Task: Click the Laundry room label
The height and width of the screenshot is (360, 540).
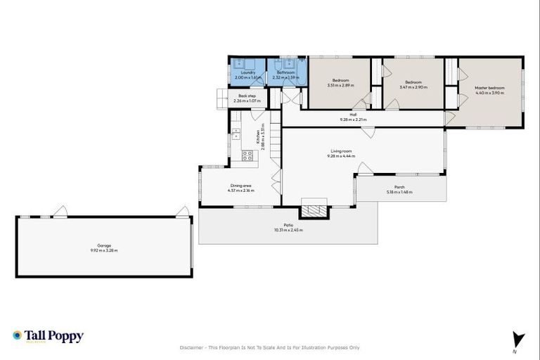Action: click(x=247, y=72)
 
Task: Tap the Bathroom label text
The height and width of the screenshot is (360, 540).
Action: click(x=285, y=72)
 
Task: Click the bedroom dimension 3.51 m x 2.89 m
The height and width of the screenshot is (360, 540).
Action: click(x=340, y=86)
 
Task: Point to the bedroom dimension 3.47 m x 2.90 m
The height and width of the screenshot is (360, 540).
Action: click(x=411, y=87)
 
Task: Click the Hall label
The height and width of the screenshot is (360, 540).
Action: click(x=353, y=115)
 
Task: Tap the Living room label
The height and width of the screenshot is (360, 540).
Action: click(x=340, y=150)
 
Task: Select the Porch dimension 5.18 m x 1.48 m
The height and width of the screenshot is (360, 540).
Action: click(x=399, y=192)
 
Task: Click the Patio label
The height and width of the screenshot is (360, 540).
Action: click(x=288, y=226)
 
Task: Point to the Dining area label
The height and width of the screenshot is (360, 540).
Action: click(x=239, y=185)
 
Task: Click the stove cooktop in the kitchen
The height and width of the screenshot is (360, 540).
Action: click(x=247, y=156)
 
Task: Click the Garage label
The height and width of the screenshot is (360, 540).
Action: click(x=103, y=245)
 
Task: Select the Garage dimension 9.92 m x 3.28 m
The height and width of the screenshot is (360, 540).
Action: click(x=103, y=250)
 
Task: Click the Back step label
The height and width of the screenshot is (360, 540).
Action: click(x=246, y=96)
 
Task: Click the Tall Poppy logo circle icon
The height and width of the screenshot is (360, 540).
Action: click(x=18, y=335)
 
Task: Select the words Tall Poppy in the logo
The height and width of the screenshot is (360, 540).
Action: click(x=55, y=335)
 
